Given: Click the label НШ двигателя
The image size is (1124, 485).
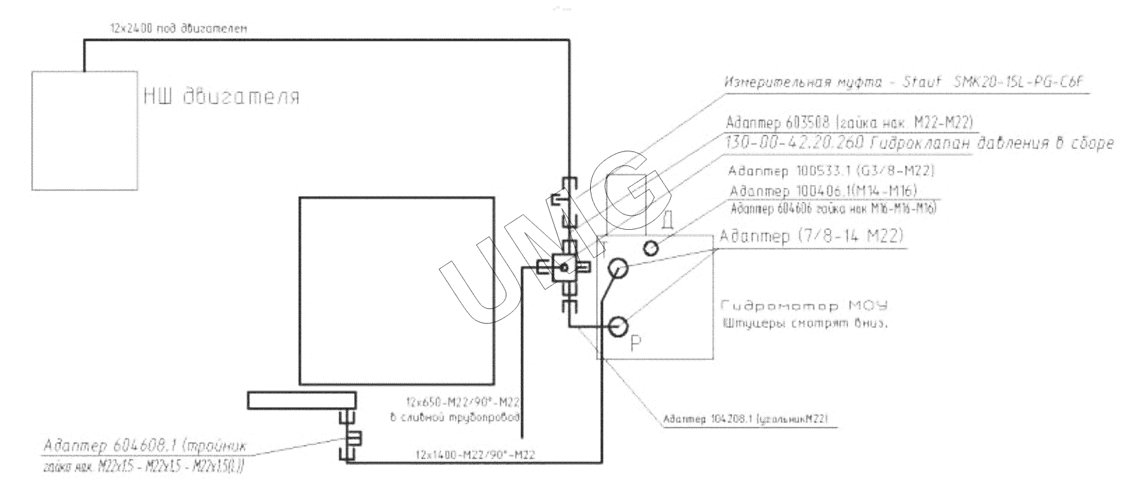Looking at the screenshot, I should pos(221,97).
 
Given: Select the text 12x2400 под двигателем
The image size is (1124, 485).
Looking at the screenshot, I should pos(178,29).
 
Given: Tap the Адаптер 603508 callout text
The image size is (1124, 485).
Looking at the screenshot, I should pos(849,122).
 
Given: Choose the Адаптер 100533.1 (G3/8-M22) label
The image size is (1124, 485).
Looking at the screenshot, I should pos(831,170).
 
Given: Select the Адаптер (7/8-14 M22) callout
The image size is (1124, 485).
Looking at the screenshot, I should pos(811,236).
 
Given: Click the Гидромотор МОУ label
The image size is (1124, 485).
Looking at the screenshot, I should pos(804,306).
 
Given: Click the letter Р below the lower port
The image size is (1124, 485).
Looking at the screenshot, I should pos(637,344).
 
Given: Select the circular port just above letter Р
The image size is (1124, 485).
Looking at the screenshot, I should pos(618,326).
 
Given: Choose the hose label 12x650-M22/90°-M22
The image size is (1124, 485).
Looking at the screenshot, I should pos(463,403).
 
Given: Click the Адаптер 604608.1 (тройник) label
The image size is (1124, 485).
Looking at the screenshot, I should pos(145,447).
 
